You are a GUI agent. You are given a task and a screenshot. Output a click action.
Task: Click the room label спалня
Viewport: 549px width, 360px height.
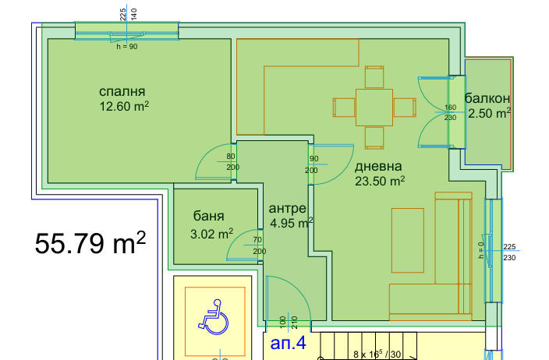(x=123, y=90)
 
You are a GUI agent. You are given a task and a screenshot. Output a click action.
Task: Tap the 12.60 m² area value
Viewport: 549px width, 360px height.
(x=124, y=106)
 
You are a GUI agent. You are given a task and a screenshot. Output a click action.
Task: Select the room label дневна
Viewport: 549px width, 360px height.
(x=378, y=167)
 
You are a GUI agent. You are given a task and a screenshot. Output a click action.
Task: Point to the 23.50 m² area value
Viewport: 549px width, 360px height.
(x=381, y=182)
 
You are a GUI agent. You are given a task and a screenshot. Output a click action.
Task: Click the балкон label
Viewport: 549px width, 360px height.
(x=487, y=98)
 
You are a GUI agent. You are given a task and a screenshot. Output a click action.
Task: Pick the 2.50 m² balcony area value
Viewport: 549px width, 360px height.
(x=489, y=114)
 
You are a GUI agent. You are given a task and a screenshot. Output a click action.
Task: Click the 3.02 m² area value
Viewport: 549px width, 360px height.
(x=211, y=233)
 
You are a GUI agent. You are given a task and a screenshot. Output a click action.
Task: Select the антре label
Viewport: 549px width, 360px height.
(x=287, y=209)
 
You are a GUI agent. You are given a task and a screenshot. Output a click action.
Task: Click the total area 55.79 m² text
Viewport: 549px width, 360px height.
(x=90, y=244)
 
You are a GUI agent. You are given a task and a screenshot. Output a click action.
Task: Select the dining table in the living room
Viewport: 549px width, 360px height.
(x=374, y=108)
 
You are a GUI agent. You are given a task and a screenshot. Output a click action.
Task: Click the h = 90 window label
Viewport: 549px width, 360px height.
(x=126, y=46)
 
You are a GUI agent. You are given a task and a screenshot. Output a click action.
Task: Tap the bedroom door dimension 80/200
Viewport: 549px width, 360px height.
(x=232, y=161)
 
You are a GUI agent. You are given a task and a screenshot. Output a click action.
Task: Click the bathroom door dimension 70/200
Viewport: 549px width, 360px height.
(x=258, y=245)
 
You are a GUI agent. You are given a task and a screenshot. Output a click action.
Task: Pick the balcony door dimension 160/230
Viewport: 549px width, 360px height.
(x=450, y=113)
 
